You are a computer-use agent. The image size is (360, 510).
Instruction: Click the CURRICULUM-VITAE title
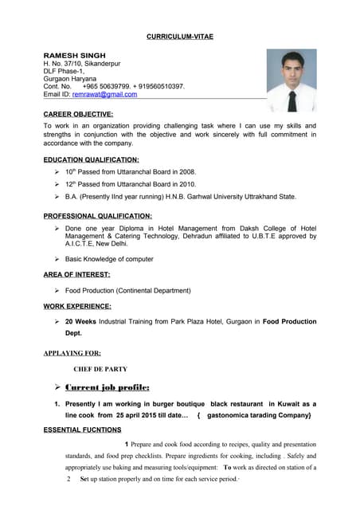tap(180, 37)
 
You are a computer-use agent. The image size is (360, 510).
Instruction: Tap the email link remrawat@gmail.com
tap(104, 94)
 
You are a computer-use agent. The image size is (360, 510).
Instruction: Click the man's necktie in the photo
tap(292, 99)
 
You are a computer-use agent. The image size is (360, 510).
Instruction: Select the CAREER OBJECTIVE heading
tap(78, 115)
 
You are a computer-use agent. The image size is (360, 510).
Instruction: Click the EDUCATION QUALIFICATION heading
tap(91, 159)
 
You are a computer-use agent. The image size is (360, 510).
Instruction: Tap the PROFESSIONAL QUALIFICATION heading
tap(97, 216)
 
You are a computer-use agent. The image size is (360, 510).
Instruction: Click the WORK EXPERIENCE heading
tap(77, 306)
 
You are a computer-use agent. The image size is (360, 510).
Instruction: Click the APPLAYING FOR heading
tap(72, 353)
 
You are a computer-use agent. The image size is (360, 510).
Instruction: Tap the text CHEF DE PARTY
tap(100, 370)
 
